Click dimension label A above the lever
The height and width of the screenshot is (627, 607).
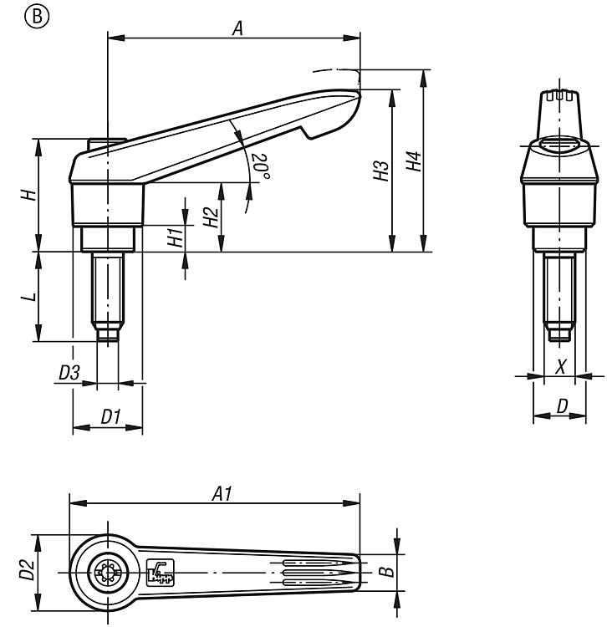[237, 28]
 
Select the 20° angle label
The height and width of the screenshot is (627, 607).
[262, 166]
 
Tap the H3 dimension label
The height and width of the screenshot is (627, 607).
[381, 171]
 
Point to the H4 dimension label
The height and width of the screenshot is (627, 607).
[413, 161]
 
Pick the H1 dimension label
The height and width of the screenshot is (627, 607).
[175, 237]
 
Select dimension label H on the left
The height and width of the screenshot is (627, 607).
[28, 194]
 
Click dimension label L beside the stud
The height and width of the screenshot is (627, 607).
[28, 297]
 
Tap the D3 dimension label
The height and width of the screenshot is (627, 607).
[70, 374]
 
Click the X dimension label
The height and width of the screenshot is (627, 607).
[561, 365]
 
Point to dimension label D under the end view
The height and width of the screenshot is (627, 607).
[563, 406]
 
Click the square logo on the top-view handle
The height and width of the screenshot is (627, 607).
[159, 572]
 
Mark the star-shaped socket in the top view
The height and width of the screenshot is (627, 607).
[107, 573]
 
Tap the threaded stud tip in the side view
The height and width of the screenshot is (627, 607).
[105, 334]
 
